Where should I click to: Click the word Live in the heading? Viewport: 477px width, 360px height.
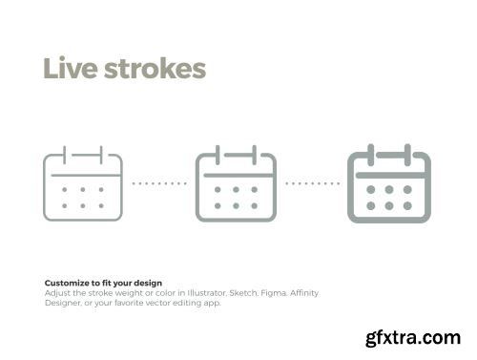click(71, 68)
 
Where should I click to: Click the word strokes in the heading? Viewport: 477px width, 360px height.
click(156, 68)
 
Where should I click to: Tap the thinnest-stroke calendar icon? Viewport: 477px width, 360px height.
click(83, 183)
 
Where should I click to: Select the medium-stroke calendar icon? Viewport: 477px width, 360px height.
click(236, 183)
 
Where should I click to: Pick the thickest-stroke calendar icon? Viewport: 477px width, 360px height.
click(389, 183)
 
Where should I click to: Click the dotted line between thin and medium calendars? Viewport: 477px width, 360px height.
click(159, 183)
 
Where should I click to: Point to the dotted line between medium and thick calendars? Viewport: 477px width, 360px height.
click(313, 183)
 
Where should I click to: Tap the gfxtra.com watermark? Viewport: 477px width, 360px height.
click(413, 338)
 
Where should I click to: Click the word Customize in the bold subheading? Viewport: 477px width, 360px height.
click(67, 283)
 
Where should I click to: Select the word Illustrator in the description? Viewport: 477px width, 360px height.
click(207, 293)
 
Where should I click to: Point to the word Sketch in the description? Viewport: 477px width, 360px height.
click(243, 293)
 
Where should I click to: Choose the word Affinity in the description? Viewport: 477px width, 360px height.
click(304, 293)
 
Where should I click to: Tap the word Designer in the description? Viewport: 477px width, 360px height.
click(63, 303)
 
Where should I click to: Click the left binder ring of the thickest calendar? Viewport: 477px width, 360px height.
click(371, 155)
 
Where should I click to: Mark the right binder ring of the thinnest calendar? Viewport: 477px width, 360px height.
click(101, 155)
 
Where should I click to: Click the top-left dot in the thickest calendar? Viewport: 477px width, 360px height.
click(371, 190)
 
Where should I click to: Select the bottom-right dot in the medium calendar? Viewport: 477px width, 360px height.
click(255, 206)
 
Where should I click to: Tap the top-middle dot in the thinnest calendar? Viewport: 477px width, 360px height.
click(83, 190)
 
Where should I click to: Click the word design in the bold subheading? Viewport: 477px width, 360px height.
click(148, 284)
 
